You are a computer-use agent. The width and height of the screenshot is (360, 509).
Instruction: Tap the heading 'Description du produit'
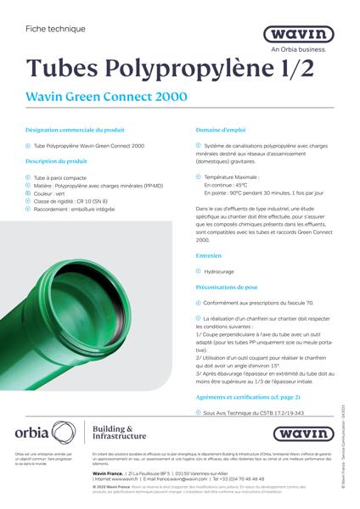(x=57, y=160)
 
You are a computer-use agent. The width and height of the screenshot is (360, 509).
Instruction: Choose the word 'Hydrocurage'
(x=219, y=272)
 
